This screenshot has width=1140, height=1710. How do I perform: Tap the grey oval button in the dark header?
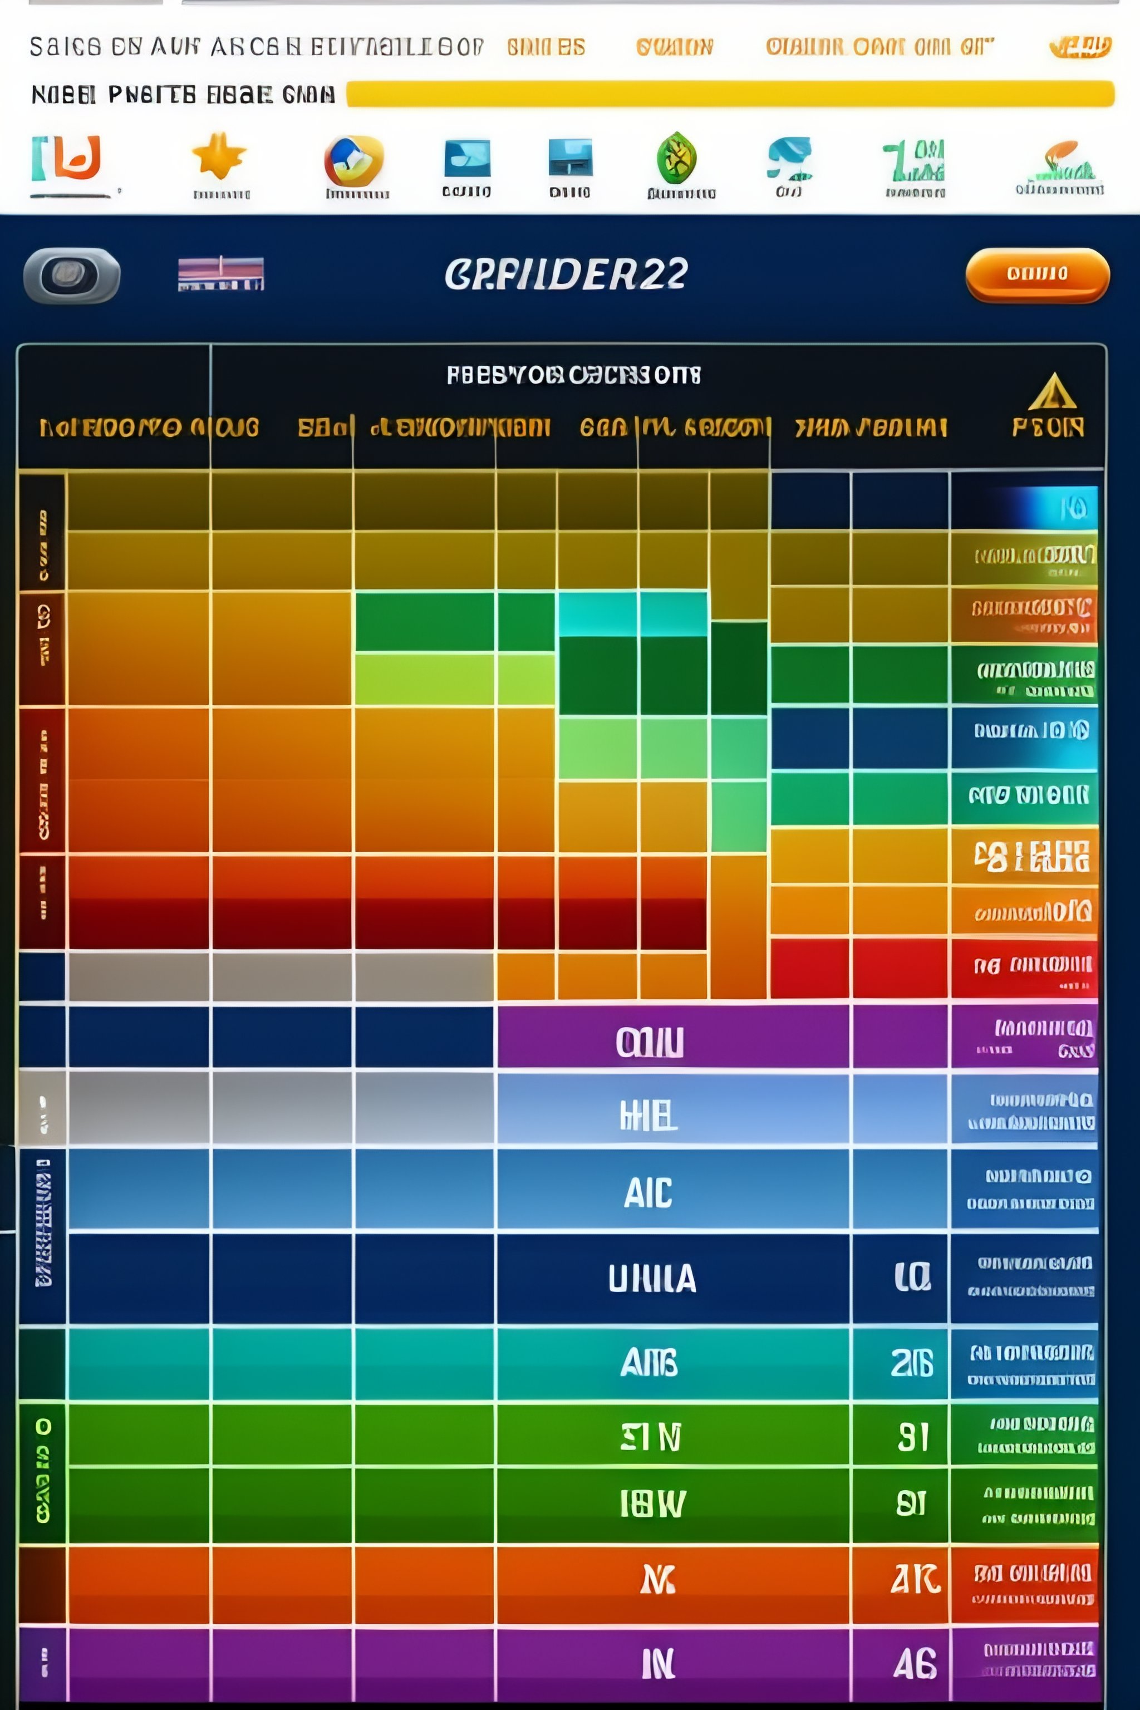[71, 275]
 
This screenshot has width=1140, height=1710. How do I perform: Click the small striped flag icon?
[221, 273]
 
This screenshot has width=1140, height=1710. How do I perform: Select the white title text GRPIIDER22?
[566, 274]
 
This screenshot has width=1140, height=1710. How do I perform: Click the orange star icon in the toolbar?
[219, 156]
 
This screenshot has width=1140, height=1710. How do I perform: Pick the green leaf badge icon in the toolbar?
[676, 158]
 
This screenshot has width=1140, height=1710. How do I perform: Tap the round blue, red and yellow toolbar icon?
[353, 161]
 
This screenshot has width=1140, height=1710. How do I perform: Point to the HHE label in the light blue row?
[648, 1116]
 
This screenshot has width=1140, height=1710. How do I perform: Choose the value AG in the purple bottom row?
[915, 1663]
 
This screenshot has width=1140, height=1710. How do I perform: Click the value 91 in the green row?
[913, 1437]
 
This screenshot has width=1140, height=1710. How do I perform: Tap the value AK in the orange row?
[915, 1579]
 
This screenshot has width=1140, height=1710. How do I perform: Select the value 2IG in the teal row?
[912, 1363]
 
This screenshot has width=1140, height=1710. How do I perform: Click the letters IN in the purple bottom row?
[658, 1663]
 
